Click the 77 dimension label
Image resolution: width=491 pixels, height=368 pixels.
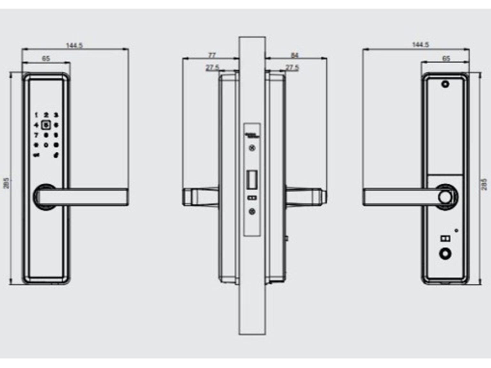212,55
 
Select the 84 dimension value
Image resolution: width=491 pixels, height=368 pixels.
294,55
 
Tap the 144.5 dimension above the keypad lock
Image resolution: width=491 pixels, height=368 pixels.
74,46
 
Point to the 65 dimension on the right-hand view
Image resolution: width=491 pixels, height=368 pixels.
446,58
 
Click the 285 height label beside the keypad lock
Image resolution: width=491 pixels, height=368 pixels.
7,183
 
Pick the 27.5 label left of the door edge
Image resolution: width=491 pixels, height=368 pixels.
212,68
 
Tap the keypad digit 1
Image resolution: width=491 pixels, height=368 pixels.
36,115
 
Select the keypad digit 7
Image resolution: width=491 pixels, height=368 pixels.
36,135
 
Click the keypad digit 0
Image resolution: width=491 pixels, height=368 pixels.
46,145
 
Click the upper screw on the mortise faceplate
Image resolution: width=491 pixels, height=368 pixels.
252,148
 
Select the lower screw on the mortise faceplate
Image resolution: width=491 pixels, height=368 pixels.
252,211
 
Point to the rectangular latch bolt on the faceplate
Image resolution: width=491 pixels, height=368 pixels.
252,180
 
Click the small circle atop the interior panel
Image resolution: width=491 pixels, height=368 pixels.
445,84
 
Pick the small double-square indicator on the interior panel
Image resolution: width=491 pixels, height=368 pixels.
445,238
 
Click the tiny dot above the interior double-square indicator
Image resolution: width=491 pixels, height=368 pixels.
456,230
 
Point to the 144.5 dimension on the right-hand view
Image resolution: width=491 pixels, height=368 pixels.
420,45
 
